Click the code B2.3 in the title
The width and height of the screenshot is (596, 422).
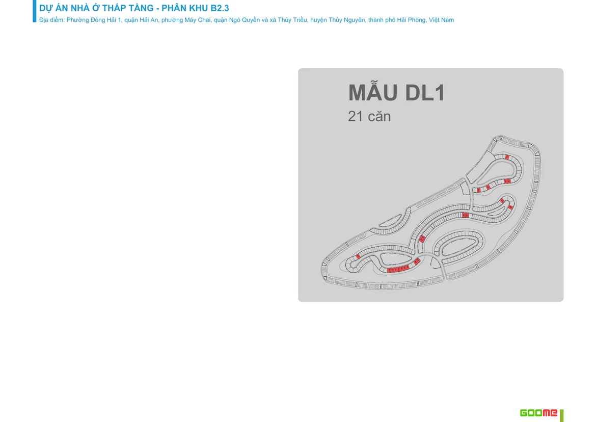pyautogui.click(x=220, y=8)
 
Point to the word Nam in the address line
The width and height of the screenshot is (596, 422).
pyautogui.click(x=448, y=20)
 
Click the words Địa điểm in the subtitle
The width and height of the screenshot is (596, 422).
pyautogui.click(x=51, y=20)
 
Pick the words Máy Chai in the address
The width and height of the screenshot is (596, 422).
pyautogui.click(x=197, y=20)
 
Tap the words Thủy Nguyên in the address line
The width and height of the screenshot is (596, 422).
pyautogui.click(x=347, y=20)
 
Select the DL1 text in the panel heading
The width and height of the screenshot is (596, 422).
pyautogui.click(x=425, y=93)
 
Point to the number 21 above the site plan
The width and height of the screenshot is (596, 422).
pyautogui.click(x=356, y=116)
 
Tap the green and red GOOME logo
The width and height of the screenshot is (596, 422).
pyautogui.click(x=538, y=413)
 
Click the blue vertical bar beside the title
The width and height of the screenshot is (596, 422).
pyautogui.click(x=35, y=11)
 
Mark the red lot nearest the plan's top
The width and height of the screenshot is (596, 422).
pyautogui.click(x=507, y=156)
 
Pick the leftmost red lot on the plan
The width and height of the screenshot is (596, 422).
pyautogui.click(x=358, y=257)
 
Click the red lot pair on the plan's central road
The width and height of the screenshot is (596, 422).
pyautogui.click(x=465, y=215)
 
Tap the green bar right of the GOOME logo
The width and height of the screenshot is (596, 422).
pyautogui.click(x=562, y=415)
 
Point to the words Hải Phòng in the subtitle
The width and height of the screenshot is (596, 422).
pyautogui.click(x=411, y=20)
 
